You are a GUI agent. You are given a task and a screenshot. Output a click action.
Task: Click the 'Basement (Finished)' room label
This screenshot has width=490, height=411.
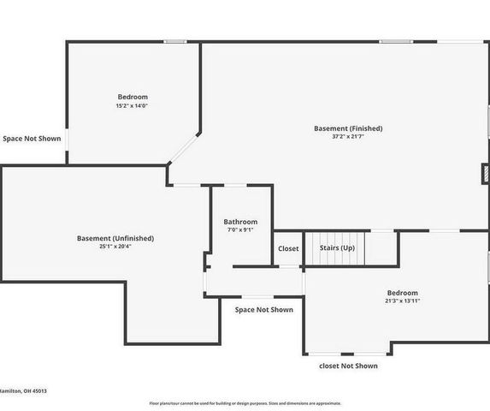(x=348, y=128)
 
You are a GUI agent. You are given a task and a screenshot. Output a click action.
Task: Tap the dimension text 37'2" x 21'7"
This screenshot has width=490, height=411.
(x=348, y=137)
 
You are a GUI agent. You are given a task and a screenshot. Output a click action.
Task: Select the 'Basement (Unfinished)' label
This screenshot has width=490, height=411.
(x=115, y=238)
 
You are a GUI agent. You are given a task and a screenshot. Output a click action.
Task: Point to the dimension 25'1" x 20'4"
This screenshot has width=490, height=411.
(x=115, y=247)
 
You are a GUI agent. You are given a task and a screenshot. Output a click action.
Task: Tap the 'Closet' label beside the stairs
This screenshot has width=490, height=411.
(x=289, y=248)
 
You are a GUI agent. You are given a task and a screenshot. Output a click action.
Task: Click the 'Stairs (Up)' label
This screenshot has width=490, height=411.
(x=337, y=247)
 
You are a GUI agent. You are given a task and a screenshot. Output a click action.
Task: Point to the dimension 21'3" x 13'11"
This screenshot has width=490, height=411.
(x=402, y=301)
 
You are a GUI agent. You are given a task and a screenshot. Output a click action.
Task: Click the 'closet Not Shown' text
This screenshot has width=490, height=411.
(x=348, y=366)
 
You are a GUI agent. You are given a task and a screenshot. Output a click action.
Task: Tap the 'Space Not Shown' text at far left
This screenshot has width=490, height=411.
(x=32, y=138)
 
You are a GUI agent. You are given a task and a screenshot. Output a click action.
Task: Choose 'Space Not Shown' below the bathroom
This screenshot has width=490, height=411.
(x=263, y=310)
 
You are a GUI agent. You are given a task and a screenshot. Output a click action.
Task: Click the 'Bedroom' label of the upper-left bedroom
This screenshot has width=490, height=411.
(x=133, y=97)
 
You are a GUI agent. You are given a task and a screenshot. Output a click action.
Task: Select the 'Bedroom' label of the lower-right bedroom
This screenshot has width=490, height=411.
(x=402, y=292)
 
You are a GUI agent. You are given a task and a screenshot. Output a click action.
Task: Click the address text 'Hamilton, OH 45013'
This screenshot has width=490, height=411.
(x=23, y=390)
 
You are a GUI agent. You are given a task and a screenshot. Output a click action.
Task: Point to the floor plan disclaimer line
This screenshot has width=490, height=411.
(x=245, y=402)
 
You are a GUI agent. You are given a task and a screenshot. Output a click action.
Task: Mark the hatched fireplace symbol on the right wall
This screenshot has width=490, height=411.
(x=486, y=174)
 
